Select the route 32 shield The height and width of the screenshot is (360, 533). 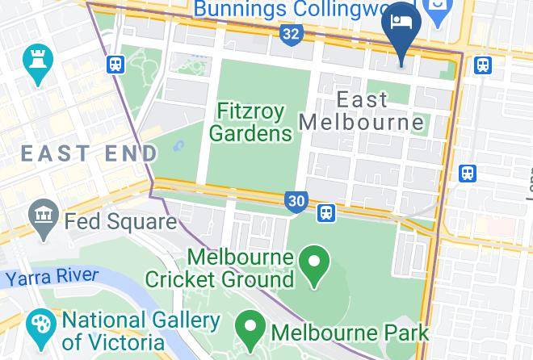(x=292, y=34)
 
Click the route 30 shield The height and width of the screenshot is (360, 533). (x=296, y=202)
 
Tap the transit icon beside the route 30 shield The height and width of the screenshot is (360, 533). (x=326, y=212)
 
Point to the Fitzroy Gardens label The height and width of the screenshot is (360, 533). (x=254, y=121)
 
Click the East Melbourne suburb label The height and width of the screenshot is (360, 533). (x=362, y=111)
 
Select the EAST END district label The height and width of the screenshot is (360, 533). (x=89, y=153)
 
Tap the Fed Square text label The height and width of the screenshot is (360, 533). (x=120, y=220)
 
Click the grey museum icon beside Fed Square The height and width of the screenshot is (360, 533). (x=41, y=217)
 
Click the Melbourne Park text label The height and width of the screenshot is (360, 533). (x=349, y=332)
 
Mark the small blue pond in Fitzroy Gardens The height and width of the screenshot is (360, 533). (x=179, y=147)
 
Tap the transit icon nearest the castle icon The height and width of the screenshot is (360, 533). (x=115, y=64)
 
